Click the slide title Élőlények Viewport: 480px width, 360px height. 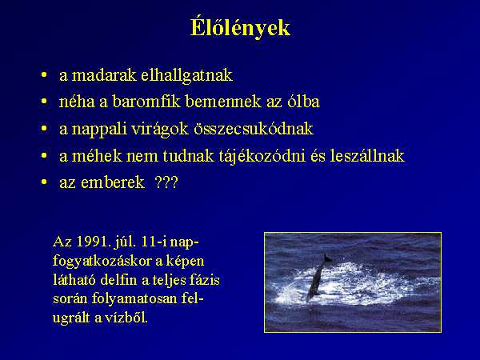point(240,28)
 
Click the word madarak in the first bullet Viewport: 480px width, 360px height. point(104,75)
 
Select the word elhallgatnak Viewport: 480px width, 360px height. point(186,76)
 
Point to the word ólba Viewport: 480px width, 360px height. point(303,102)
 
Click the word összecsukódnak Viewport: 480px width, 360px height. point(254,129)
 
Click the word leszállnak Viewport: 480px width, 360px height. point(367,156)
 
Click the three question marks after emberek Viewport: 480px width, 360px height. point(166,182)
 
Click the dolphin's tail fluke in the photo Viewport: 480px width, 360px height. point(327,258)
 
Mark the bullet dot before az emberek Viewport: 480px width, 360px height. point(44,182)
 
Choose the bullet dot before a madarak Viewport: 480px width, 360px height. point(44,74)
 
